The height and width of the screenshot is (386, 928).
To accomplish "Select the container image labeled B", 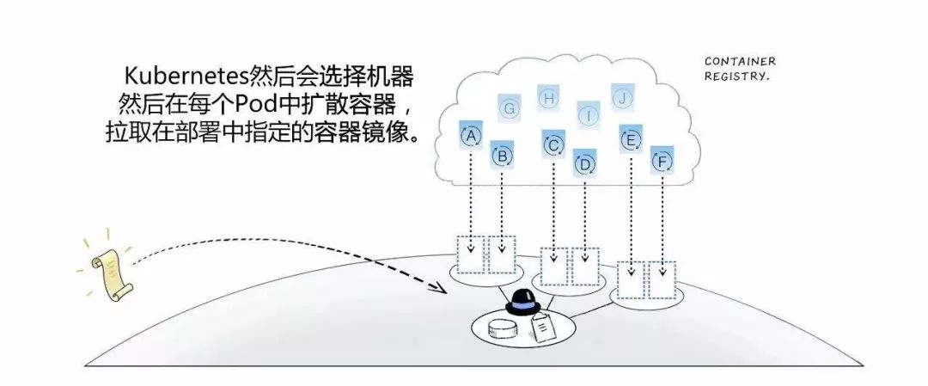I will (503, 156).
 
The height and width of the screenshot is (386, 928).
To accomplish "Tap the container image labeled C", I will (553, 144).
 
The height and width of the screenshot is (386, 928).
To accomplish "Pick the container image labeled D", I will (585, 163).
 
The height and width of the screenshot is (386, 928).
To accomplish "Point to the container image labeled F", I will (662, 160).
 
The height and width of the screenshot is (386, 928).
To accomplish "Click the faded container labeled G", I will (510, 108).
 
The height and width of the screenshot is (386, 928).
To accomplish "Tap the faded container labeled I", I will (589, 113).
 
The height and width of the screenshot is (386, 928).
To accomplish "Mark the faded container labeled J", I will (622, 97).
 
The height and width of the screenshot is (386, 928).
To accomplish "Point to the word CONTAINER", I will (740, 62).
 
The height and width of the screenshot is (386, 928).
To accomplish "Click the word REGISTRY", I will (736, 76).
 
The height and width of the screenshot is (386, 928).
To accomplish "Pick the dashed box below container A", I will (471, 255).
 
